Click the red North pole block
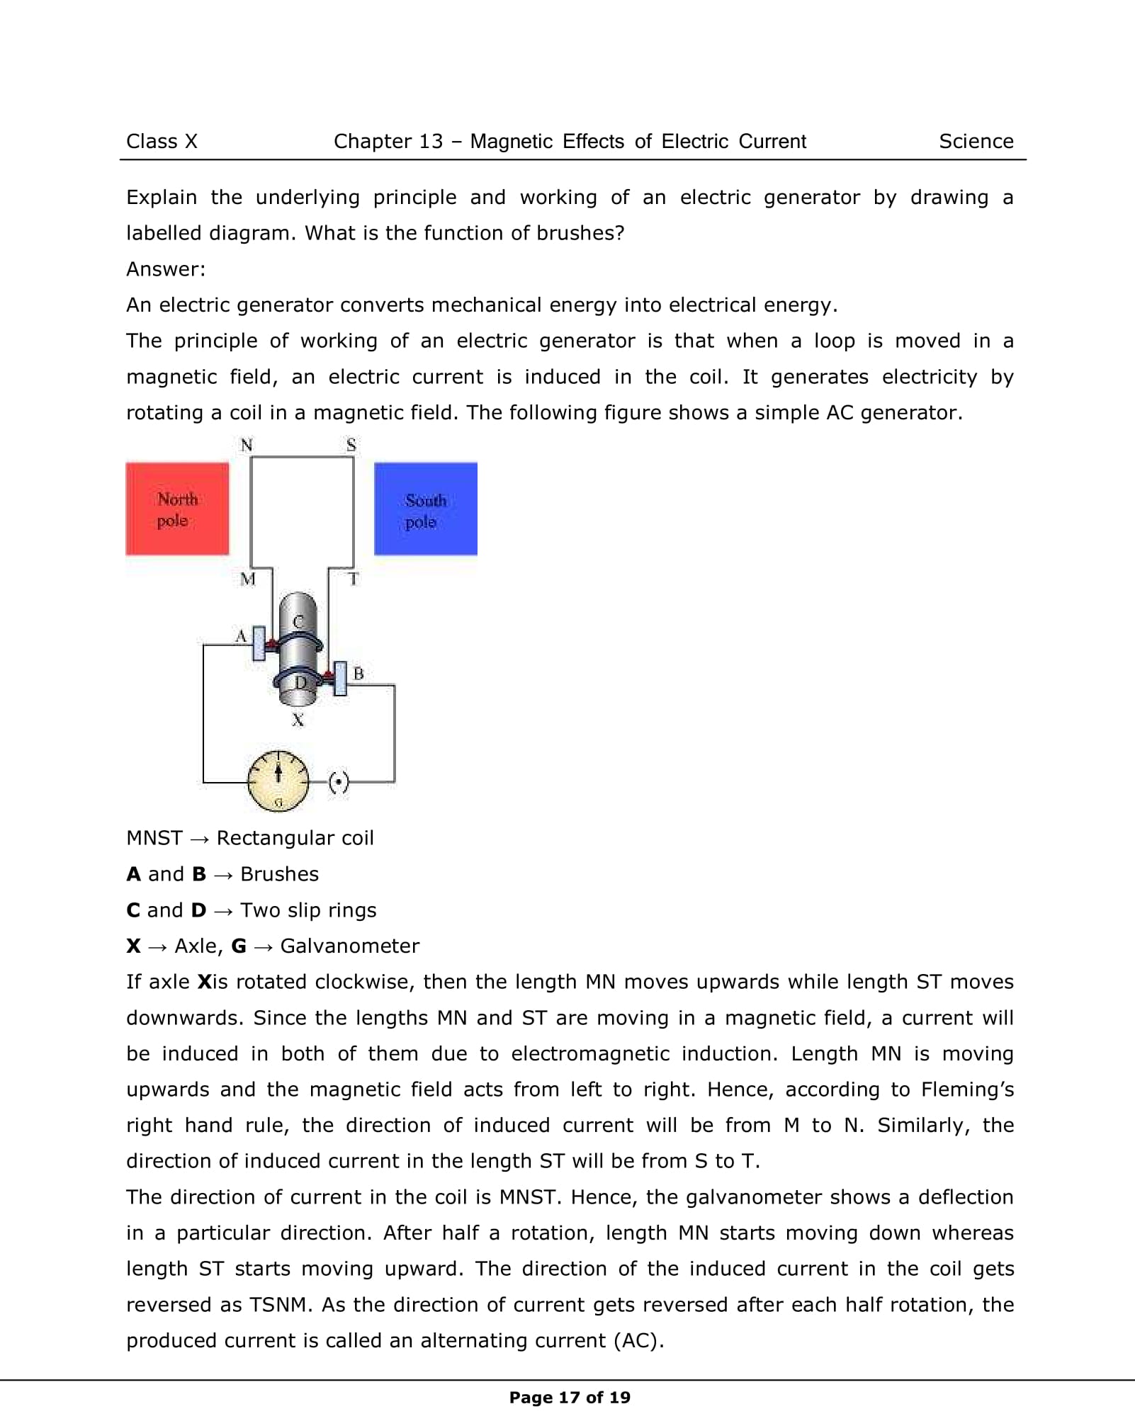click(177, 509)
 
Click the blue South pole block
click(425, 509)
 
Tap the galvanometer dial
click(278, 781)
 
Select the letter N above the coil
click(247, 446)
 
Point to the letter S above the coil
click(351, 446)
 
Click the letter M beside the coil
click(247, 579)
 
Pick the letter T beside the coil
click(354, 579)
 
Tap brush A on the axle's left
click(259, 643)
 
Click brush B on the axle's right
click(341, 678)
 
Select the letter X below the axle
click(298, 720)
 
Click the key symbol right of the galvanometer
click(339, 783)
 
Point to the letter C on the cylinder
click(298, 621)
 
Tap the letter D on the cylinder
click(301, 682)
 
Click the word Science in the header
click(976, 142)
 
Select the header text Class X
click(162, 142)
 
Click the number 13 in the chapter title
click(431, 142)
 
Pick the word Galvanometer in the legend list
click(349, 946)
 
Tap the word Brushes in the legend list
click(279, 874)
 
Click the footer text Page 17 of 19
click(570, 1398)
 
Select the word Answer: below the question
click(166, 269)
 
